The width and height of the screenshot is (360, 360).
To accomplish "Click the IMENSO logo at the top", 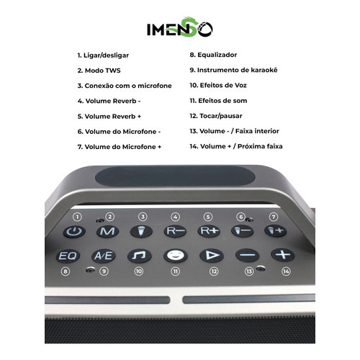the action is (180, 27).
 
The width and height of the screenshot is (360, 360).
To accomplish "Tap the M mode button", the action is (107, 231).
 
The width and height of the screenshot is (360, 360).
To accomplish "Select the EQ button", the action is (68, 256).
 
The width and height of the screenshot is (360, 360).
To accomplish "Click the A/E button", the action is (104, 256).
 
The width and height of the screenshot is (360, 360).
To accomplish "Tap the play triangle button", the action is (212, 256).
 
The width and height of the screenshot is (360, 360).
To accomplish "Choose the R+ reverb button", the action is (209, 231).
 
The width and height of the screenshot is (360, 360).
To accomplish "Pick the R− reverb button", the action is (175, 231).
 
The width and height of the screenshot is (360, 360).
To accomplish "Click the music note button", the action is (140, 256).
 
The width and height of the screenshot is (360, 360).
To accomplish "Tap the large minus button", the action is (247, 255).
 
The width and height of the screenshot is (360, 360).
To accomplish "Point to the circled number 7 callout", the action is (274, 217).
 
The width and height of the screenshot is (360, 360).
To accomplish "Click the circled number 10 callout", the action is (139, 271).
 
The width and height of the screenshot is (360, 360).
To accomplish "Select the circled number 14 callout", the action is (286, 271).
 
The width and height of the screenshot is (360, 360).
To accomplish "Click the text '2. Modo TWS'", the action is (99, 71).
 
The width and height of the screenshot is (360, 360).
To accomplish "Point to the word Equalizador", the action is (217, 55).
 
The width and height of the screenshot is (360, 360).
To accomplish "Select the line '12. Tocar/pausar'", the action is (216, 116).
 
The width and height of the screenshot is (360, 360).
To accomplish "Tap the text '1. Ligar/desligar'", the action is (103, 55).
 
